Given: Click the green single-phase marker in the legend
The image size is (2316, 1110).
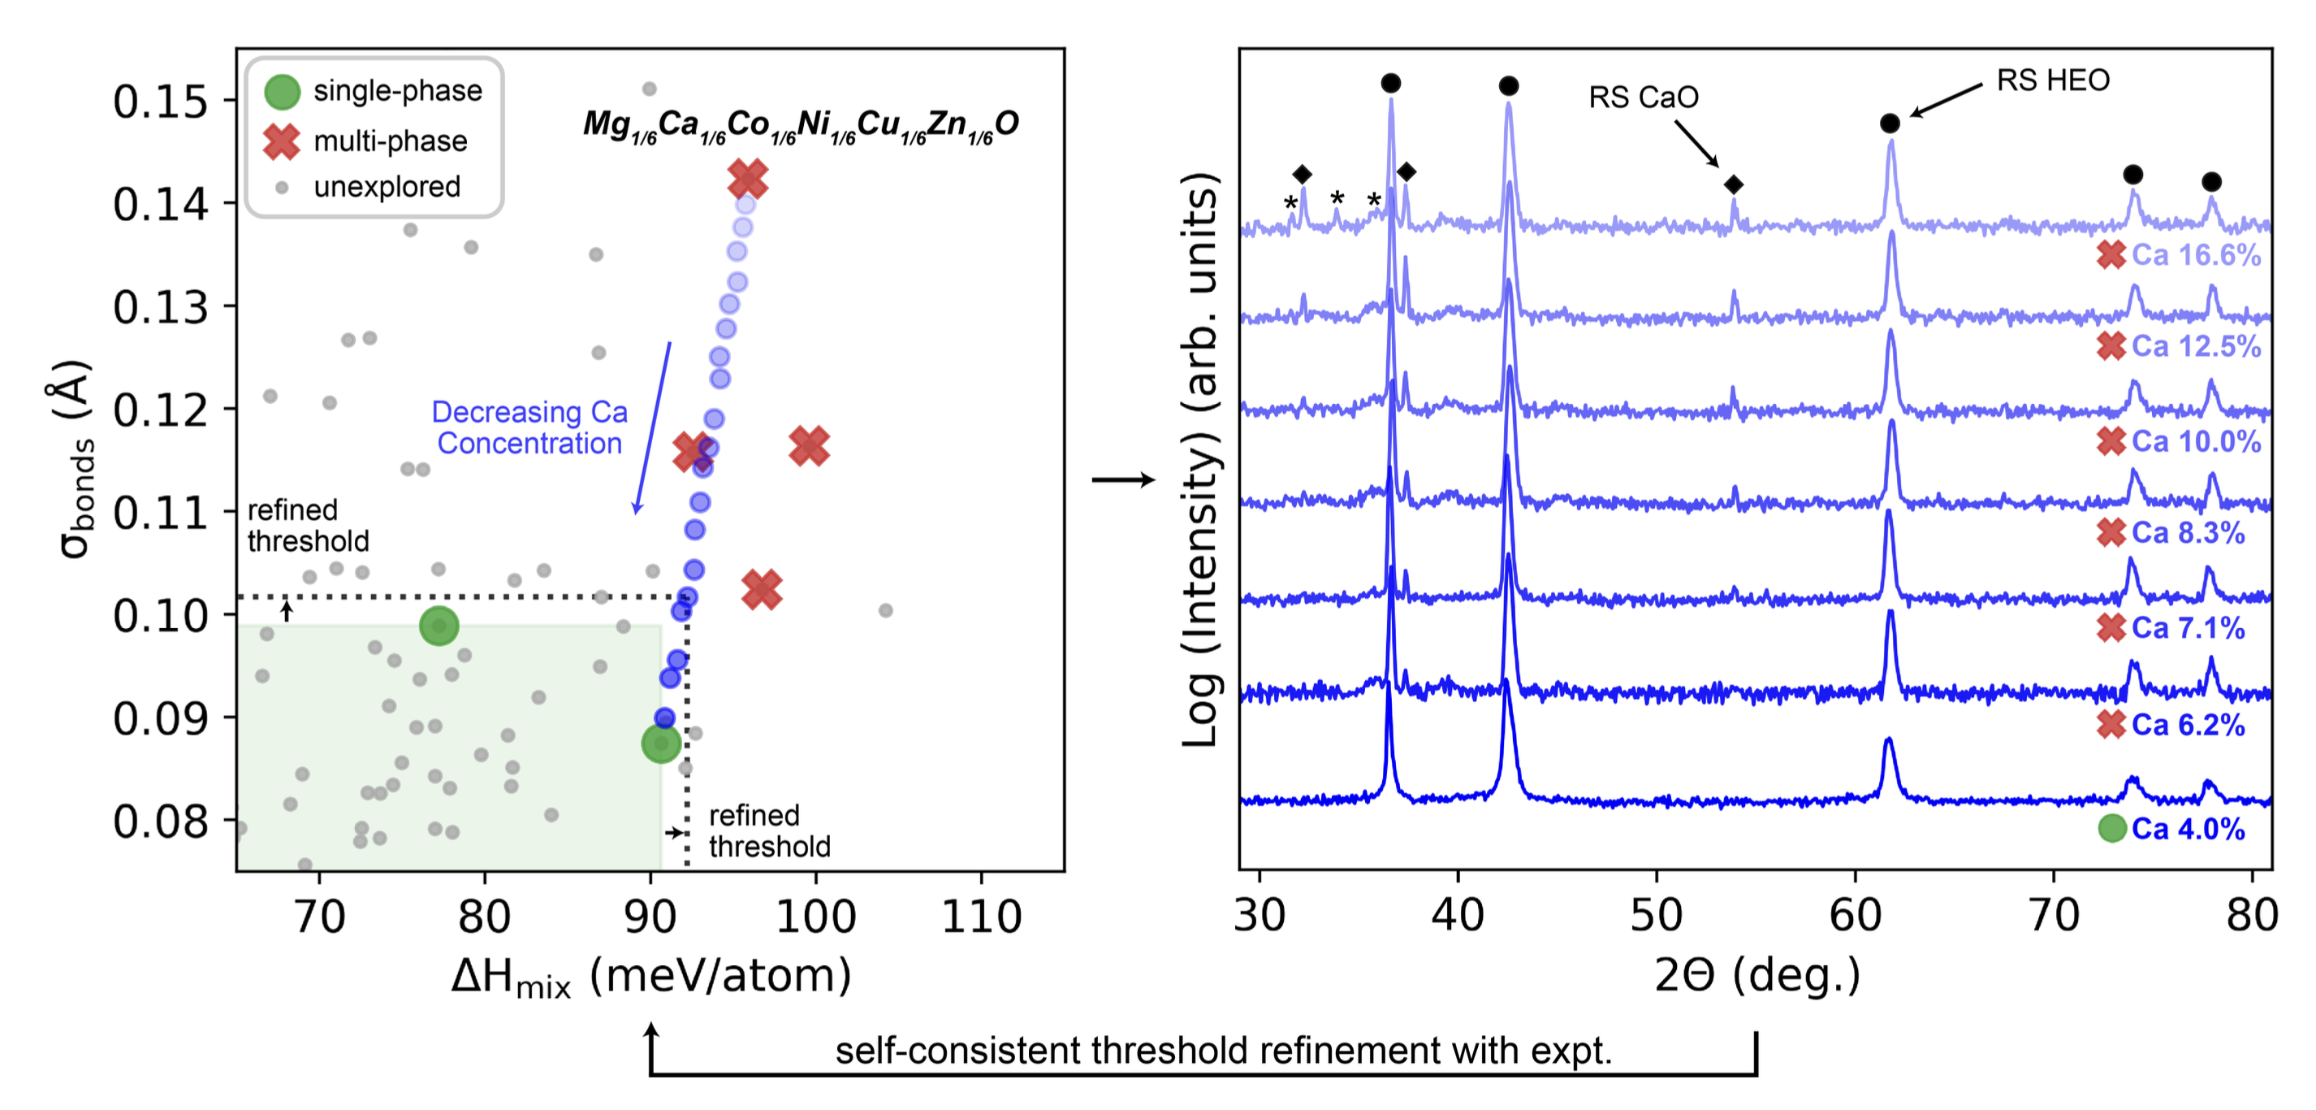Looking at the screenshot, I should pyautogui.click(x=283, y=92).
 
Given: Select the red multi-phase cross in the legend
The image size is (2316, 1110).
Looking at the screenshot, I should pyautogui.click(x=283, y=141).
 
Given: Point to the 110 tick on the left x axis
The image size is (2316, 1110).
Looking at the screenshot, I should pyautogui.click(x=981, y=917).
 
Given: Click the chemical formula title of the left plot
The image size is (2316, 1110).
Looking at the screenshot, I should pyautogui.click(x=800, y=125).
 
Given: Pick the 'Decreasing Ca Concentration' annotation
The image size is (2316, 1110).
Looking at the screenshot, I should pyautogui.click(x=529, y=427).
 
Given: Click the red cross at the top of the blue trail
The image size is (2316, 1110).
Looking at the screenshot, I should pyautogui.click(x=747, y=179).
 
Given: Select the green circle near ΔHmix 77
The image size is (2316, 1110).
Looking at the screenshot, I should pyautogui.click(x=439, y=626).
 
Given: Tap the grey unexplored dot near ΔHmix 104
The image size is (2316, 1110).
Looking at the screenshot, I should pyautogui.click(x=886, y=611).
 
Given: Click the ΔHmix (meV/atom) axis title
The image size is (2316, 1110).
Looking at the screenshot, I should pyautogui.click(x=651, y=977).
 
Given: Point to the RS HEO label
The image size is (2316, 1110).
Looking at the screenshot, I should pyautogui.click(x=2053, y=81).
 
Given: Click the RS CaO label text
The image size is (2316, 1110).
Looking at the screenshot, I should pyautogui.click(x=1643, y=98).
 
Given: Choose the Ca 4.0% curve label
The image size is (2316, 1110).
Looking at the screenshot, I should pyautogui.click(x=2188, y=829).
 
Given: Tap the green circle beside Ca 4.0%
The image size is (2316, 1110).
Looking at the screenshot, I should pyautogui.click(x=2112, y=829).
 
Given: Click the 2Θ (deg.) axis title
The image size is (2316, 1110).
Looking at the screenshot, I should pyautogui.click(x=1756, y=975).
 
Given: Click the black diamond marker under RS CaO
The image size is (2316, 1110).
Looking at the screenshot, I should pyautogui.click(x=1734, y=185).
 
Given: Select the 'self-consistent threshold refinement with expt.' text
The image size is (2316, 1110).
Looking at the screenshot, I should pyautogui.click(x=1223, y=1051).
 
